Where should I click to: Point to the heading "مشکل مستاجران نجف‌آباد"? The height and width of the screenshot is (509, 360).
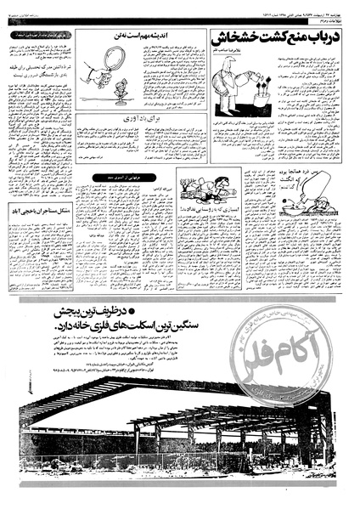pyautogui.click(x=41, y=209)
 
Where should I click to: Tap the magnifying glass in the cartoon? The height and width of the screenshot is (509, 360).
pyautogui.click(x=111, y=61)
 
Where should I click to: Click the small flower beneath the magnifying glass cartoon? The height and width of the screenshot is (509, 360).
pyautogui.click(x=120, y=88)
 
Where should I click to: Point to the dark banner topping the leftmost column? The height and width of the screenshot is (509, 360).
pyautogui.click(x=41, y=35)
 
